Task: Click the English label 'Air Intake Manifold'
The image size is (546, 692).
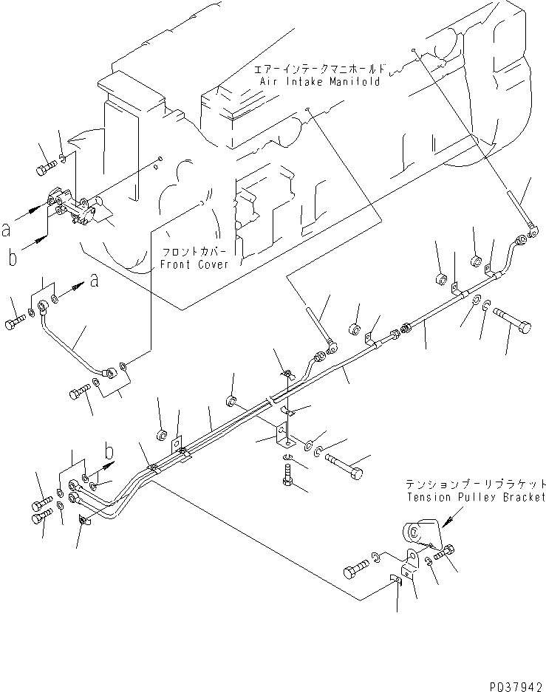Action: click(x=318, y=81)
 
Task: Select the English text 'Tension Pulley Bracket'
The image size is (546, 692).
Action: click(x=476, y=497)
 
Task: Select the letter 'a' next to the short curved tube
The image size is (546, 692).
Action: click(x=93, y=281)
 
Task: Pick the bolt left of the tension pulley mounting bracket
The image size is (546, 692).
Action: click(x=357, y=570)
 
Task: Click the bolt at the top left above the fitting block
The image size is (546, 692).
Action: click(x=44, y=167)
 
